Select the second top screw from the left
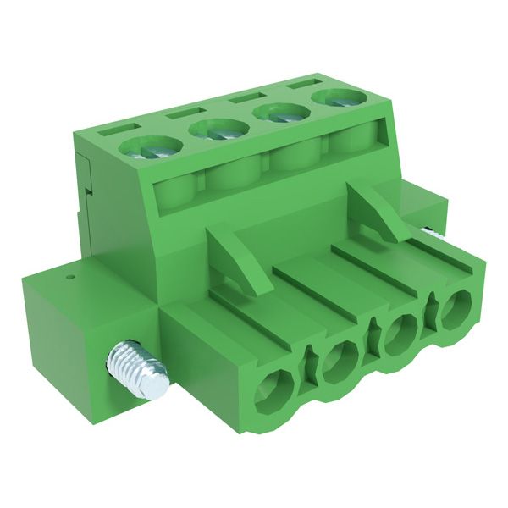click(217, 130)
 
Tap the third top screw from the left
click(279, 113)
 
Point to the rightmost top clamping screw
click(336, 98)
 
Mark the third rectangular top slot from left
click(243, 97)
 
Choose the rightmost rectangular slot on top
click(301, 84)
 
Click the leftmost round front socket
click(273, 393)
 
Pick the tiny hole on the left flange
click(71, 275)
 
